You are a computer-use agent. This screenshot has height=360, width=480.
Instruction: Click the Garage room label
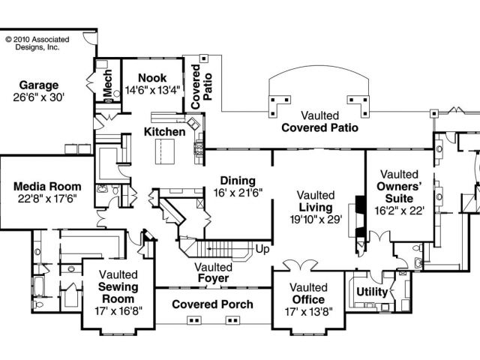point(39,85)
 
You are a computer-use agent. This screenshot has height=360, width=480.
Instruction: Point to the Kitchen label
point(164,132)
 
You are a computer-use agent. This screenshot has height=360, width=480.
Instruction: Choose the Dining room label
point(237,181)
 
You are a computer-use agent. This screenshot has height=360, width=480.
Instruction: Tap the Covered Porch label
point(212,304)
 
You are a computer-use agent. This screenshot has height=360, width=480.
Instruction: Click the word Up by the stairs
point(262,248)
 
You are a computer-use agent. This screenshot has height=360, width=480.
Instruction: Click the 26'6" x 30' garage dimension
point(39,97)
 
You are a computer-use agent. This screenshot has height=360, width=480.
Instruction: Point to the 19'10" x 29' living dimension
point(315,220)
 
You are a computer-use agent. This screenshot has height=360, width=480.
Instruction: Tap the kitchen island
point(163,154)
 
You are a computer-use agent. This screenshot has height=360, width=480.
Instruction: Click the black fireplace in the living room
point(360,217)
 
